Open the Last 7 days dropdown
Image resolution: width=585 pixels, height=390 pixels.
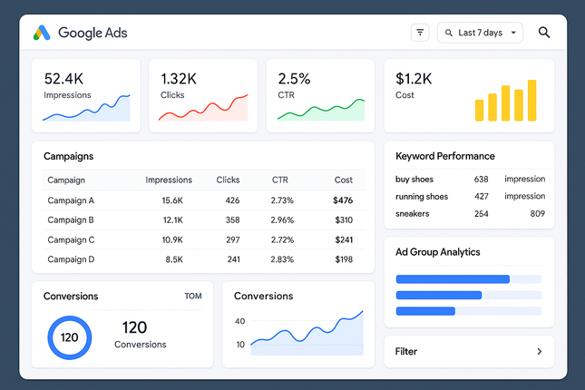[480, 33]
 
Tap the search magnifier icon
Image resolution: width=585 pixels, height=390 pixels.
[544, 33]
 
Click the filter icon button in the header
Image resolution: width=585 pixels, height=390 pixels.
[420, 33]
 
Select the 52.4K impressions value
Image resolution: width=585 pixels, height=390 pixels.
[64, 79]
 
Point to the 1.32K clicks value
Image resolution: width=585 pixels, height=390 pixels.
[179, 79]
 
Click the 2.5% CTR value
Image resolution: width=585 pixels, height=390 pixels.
[294, 79]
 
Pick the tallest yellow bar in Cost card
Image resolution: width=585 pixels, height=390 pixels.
[531, 100]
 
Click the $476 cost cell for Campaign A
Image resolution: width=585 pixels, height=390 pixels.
[343, 200]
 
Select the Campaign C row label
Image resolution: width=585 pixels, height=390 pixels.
[71, 240]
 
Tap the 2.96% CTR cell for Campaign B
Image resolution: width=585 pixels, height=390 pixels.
[283, 220]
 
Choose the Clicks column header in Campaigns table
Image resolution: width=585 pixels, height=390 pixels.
[228, 180]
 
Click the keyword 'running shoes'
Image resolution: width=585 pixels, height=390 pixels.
[422, 197]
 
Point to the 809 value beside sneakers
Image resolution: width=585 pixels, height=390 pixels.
[537, 214]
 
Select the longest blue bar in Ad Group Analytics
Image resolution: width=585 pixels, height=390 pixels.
[453, 279]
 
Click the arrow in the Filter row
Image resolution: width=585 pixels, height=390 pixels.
[539, 351]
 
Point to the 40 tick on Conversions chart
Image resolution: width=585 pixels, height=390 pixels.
[239, 321]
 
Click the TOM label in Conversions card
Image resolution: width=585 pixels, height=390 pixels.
[193, 297]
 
